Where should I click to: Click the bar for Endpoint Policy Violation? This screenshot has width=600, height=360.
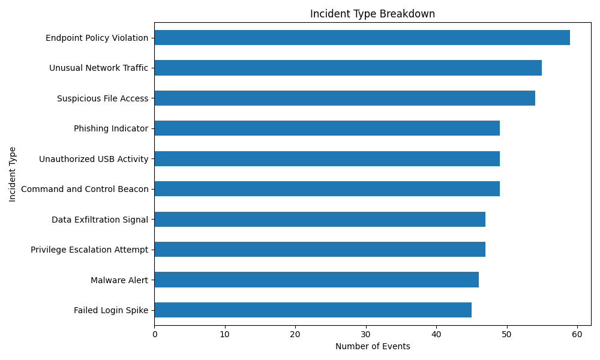click(x=362, y=37)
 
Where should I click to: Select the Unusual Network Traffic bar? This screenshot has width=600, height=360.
click(x=348, y=68)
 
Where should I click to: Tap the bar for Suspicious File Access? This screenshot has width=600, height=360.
click(x=345, y=98)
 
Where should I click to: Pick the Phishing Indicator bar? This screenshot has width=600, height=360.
click(x=327, y=128)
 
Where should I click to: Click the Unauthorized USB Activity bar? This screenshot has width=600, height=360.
click(x=327, y=159)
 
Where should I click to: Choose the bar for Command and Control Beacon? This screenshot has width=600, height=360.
click(x=327, y=188)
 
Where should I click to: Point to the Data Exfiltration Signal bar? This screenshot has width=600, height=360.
click(x=320, y=219)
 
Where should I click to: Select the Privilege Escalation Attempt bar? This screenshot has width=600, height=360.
click(x=320, y=250)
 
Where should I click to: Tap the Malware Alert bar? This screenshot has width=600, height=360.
click(x=316, y=280)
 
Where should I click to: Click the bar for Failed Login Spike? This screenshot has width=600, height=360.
click(x=313, y=310)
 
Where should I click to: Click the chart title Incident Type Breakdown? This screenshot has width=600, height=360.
click(x=373, y=14)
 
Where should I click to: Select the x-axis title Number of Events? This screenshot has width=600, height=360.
click(x=373, y=346)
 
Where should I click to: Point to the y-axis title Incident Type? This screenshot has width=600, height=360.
click(x=12, y=175)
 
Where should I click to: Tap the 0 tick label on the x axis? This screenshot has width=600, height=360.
click(x=155, y=334)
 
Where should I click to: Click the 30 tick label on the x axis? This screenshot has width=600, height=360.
click(x=366, y=334)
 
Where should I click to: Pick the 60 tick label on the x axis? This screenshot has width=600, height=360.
click(x=577, y=334)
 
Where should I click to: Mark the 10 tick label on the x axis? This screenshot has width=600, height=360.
click(x=225, y=334)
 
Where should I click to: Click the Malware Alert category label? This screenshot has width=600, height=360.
click(x=119, y=280)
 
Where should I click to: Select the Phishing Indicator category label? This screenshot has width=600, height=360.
click(x=111, y=128)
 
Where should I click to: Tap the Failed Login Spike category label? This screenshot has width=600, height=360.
click(x=111, y=310)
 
